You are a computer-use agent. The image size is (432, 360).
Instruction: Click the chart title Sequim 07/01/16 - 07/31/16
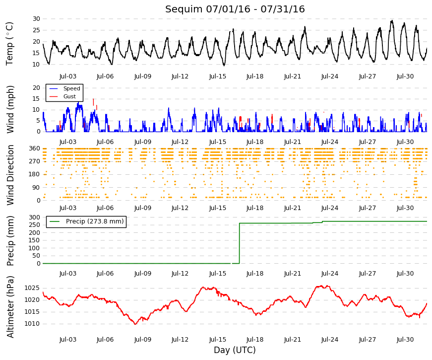pos(235,9)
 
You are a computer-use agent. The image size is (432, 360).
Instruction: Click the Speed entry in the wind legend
pos(71,88)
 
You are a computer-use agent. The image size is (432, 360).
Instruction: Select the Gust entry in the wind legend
pos(69,96)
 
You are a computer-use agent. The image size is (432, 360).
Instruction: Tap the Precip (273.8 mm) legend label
pos(95,221)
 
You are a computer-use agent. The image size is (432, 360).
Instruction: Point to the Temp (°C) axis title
pos(9,44)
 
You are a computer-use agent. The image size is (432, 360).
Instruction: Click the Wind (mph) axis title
pos(10,110)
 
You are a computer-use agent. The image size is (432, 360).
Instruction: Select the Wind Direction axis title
pos(10,175)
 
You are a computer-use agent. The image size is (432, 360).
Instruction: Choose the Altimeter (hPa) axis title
pos(10,307)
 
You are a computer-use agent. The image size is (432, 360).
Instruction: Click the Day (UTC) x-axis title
pos(235,350)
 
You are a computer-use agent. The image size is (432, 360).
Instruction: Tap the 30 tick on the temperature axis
pos(36,19)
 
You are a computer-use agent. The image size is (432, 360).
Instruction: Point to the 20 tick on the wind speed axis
pos(36,88)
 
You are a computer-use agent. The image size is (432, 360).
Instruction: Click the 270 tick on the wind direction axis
pos(35,161)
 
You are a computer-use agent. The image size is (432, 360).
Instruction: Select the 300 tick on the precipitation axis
pos(35,217)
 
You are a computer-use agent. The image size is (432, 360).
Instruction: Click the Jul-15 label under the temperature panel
pos(217,76)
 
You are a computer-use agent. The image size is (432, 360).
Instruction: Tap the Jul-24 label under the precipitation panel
pos(329,274)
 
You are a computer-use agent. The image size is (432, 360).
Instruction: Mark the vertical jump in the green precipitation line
pos(239,243)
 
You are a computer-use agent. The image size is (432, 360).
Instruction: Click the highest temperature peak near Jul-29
pos(391,21)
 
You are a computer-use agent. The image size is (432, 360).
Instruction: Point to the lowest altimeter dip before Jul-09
pos(135,324)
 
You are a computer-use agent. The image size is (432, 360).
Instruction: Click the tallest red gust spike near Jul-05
pos(93,102)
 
